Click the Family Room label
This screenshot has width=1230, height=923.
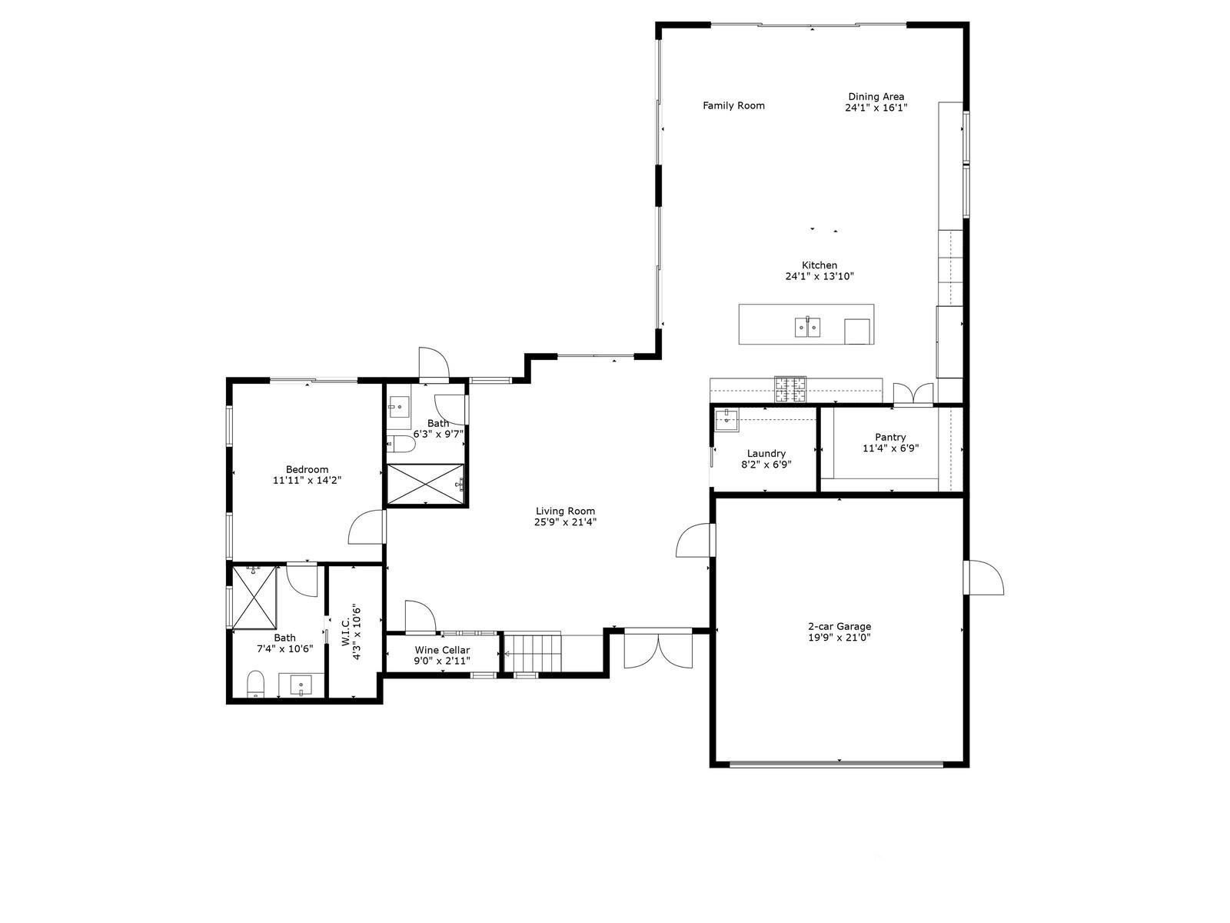[x=733, y=106]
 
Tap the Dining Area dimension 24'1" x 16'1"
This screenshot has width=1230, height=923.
[x=876, y=108]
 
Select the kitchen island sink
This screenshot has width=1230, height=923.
[x=806, y=328]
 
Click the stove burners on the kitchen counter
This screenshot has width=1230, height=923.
[x=790, y=389]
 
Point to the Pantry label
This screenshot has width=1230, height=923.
[x=890, y=437]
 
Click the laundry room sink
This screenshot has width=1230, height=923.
[x=726, y=420]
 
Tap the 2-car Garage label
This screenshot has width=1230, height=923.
[x=839, y=626]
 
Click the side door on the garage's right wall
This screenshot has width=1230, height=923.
[x=984, y=578]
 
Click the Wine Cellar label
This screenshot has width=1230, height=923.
[x=442, y=650]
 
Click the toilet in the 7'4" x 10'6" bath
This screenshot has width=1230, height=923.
[x=255, y=683]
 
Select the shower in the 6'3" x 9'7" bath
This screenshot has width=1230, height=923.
[x=425, y=484]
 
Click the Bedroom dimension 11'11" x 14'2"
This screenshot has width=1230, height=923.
[x=307, y=480]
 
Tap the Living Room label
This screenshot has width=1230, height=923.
[x=565, y=511]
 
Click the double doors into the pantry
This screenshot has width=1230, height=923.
[x=913, y=393]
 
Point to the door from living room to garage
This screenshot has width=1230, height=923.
[x=695, y=540]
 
